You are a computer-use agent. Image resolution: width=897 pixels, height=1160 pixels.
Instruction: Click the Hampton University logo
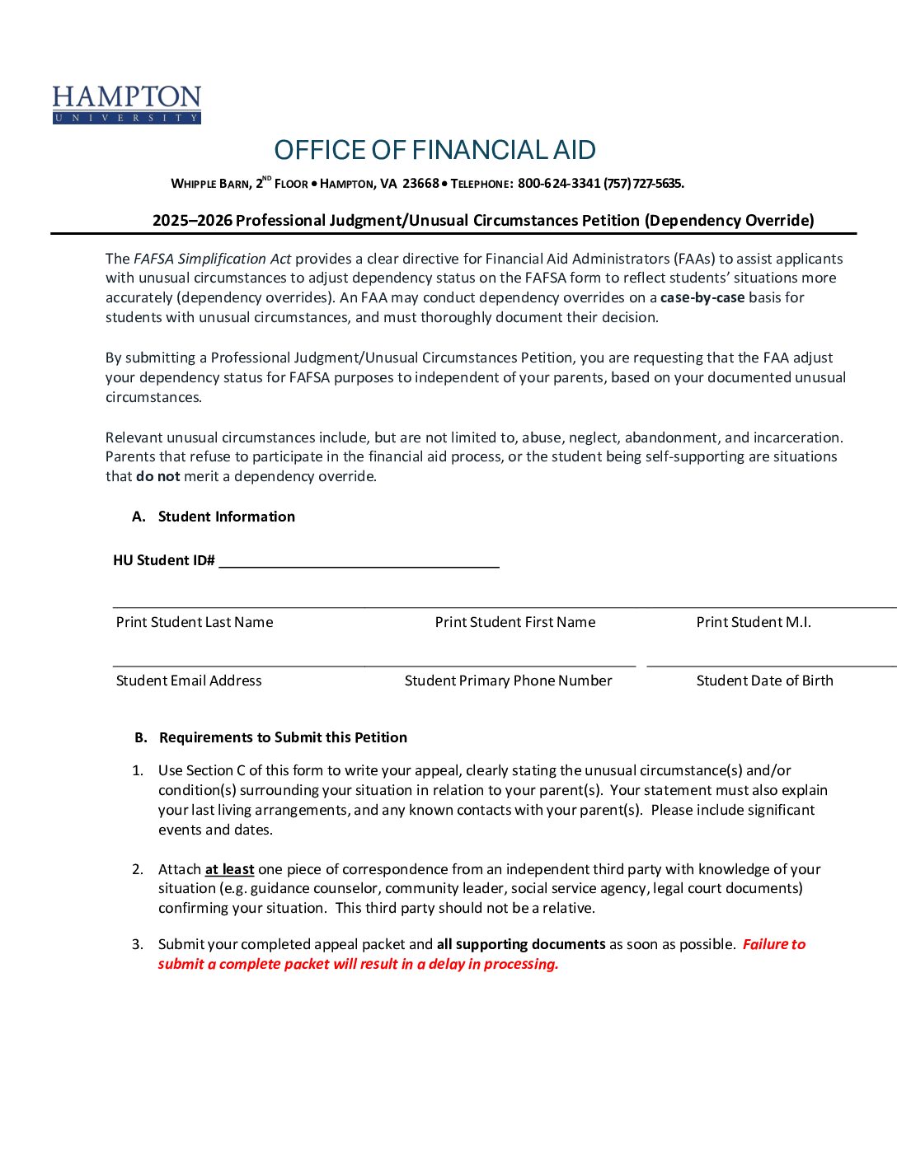click(x=127, y=105)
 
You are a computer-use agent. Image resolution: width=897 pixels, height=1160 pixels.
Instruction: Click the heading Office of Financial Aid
click(x=434, y=150)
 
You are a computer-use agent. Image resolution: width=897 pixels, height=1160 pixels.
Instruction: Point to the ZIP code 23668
click(x=420, y=184)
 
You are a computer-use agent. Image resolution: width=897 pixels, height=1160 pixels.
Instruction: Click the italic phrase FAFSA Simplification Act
click(x=213, y=259)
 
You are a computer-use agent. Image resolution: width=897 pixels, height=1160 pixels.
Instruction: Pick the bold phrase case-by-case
click(x=702, y=297)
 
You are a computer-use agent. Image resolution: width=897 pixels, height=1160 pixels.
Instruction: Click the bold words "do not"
click(x=157, y=476)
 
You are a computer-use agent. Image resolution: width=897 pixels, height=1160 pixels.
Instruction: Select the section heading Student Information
click(x=226, y=517)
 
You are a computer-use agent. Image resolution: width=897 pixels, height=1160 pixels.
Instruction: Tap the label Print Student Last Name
click(x=195, y=622)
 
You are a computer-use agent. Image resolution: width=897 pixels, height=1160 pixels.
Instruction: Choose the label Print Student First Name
click(x=514, y=622)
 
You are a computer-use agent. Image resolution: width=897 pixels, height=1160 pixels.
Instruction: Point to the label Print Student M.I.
click(x=753, y=622)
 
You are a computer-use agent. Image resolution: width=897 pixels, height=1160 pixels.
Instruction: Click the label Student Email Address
click(x=189, y=681)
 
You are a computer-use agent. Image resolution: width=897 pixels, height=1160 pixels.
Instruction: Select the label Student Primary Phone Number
click(x=508, y=681)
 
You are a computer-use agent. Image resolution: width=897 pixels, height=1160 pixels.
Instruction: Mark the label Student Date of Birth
click(x=764, y=681)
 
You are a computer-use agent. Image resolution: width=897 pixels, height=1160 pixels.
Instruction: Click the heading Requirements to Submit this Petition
click(x=283, y=737)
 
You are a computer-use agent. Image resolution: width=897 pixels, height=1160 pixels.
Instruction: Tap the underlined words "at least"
click(x=229, y=869)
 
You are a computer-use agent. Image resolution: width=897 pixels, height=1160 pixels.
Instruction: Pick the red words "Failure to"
click(x=773, y=944)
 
